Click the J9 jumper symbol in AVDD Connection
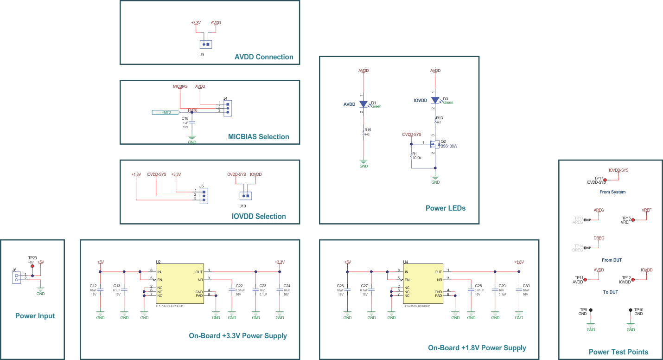coord(206,45)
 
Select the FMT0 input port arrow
coord(166,112)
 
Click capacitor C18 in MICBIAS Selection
coord(192,122)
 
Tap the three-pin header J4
coord(227,108)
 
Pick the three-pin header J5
coord(204,195)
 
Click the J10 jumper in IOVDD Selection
coord(245,196)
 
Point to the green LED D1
coord(363,104)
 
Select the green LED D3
coord(435,100)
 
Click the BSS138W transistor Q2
coord(434,144)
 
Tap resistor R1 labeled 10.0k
coord(411,156)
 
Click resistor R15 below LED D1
coord(364,132)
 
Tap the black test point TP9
coord(590,310)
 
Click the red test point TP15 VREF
coord(633,219)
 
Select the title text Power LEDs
coord(445,208)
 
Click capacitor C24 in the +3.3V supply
coord(280,289)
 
